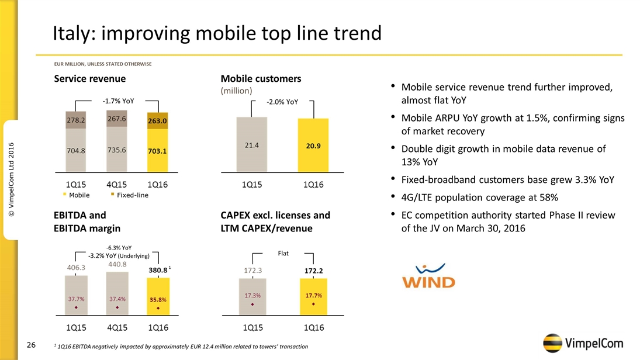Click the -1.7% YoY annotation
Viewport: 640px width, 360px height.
pos(118,101)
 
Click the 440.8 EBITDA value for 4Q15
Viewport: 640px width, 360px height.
pos(117,264)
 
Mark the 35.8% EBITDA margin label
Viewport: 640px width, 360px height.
pos(158,300)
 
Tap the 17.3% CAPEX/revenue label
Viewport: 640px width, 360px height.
pos(252,295)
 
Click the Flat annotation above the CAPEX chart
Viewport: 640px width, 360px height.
pos(283,254)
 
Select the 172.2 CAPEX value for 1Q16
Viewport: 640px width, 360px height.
pos(314,271)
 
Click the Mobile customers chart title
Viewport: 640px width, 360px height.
pos(261,78)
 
